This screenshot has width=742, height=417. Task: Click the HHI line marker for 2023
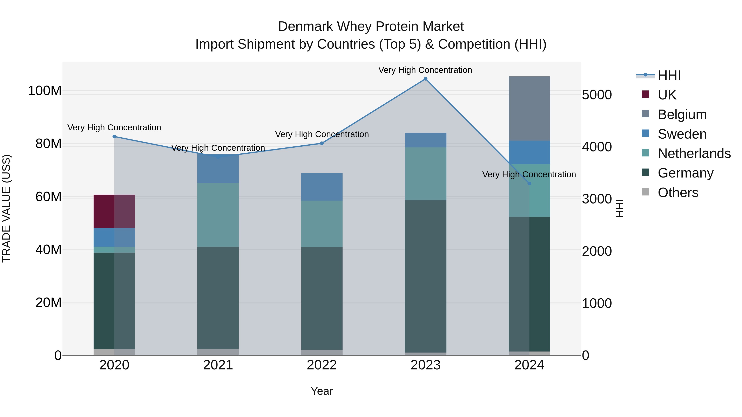point(425,79)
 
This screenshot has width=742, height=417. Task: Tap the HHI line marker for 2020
point(114,137)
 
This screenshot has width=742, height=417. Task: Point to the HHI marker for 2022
point(322,143)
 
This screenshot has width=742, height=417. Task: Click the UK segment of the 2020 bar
point(114,211)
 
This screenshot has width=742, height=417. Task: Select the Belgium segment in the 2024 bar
point(529,109)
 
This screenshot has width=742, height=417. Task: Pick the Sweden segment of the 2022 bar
point(322,187)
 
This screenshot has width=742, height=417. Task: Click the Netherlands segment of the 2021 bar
point(218,215)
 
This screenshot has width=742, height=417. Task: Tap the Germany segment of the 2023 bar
point(425,276)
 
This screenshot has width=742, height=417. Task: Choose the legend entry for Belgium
point(682,114)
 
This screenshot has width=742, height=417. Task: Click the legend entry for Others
point(678,193)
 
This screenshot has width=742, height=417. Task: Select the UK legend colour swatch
point(646,94)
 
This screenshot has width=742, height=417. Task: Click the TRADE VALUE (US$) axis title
point(6,208)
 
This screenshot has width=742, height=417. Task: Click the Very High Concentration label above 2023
point(425,70)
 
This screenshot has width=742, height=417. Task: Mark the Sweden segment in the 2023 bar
point(425,140)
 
